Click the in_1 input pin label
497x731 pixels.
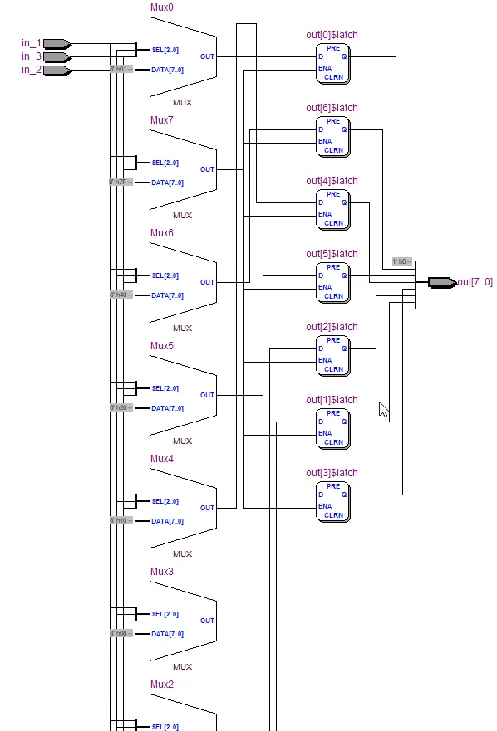[x=31, y=43]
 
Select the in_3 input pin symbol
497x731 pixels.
[x=57, y=57]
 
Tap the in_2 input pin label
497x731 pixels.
[x=31, y=71]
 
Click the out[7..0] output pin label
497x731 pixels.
[x=475, y=282]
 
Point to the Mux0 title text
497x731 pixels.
[x=162, y=7]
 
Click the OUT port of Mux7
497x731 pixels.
[x=207, y=169]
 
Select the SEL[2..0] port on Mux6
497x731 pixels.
[x=165, y=275]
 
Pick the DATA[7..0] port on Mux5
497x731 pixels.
[x=167, y=408]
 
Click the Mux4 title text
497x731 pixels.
[x=162, y=459]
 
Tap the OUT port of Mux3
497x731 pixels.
[x=207, y=621]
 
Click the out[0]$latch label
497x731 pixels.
[x=332, y=36]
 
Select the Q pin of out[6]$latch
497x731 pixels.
[x=343, y=130]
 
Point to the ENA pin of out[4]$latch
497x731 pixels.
[x=324, y=214]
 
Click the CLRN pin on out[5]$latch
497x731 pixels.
[x=333, y=296]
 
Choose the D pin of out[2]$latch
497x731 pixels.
[x=321, y=349]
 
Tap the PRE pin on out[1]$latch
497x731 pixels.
[x=333, y=413]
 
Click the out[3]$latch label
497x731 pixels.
[x=332, y=473]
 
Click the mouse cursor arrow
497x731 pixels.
[x=382, y=408]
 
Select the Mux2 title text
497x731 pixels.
[x=162, y=685]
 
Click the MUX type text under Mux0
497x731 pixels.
[x=182, y=103]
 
